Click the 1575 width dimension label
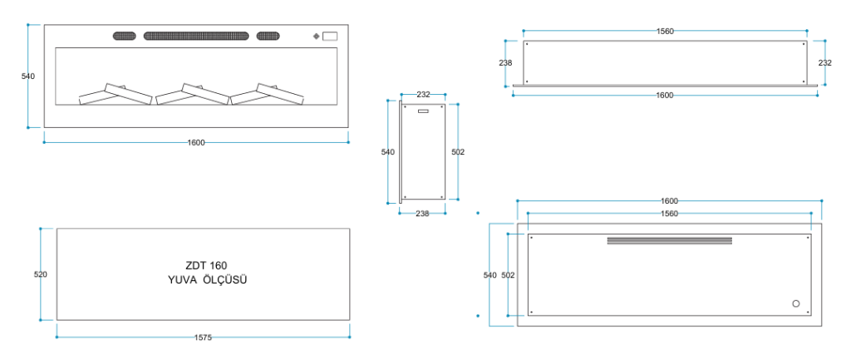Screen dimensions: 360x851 pos(203,338)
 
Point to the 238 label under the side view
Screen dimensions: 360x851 pos(422,214)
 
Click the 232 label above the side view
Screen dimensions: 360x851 pos(423,95)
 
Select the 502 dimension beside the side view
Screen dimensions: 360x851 pos(458,152)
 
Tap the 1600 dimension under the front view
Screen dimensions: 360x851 pos(196,142)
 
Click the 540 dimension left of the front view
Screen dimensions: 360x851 pos(27,76)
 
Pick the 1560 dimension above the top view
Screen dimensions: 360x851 pos(665,32)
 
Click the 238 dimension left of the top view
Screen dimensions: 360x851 pos(505,62)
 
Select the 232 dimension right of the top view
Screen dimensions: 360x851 pos(824,62)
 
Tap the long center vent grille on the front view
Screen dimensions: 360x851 pos(196,36)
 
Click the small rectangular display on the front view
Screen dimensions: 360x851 pos(330,37)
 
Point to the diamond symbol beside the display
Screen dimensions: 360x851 pos(316,37)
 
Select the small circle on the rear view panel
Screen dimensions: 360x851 pos(796,303)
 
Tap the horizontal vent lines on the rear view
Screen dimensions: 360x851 pos(669,241)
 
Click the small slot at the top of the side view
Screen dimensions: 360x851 pos(423,111)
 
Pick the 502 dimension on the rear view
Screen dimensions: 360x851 pos(509,275)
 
